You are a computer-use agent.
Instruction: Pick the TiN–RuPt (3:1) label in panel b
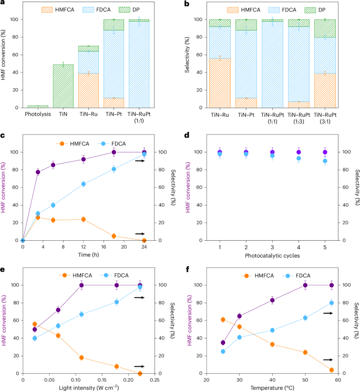[325, 117]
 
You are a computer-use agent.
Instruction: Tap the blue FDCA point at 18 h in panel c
[114, 169]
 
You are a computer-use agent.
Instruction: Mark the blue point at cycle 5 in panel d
[325, 161]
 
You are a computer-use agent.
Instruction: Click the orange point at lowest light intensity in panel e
[35, 324]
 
